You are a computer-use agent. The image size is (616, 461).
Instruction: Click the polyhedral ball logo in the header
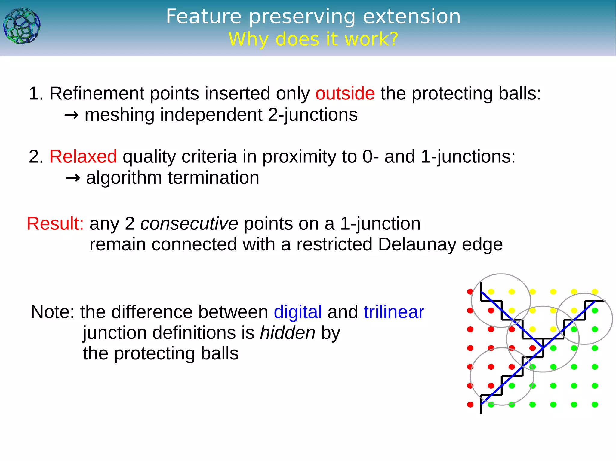[22, 26]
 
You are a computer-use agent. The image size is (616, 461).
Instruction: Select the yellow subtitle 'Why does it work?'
[313, 39]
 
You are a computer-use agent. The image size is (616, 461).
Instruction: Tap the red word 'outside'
[345, 93]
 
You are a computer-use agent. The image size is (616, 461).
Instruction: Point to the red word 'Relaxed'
[83, 156]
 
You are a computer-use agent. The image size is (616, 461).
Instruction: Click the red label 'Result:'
[55, 224]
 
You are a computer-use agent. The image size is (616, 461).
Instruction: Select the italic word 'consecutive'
[189, 224]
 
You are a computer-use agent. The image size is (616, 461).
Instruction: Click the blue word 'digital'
[297, 312]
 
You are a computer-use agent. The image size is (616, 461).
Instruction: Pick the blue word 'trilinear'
[394, 312]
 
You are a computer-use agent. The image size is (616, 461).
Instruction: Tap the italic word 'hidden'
[288, 333]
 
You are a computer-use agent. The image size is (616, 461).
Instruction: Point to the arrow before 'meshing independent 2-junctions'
[72, 115]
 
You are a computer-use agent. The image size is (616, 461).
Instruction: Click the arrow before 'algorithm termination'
[73, 178]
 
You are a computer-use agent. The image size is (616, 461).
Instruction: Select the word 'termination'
[213, 178]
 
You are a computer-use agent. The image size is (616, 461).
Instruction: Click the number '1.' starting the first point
[36, 93]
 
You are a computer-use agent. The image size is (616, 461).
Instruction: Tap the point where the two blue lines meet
[543, 347]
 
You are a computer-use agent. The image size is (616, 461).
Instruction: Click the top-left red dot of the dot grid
[470, 292]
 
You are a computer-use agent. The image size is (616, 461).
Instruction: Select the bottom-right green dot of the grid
[595, 405]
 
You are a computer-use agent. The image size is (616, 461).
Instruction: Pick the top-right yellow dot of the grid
[595, 292]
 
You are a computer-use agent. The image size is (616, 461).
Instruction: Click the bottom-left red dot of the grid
[470, 405]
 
